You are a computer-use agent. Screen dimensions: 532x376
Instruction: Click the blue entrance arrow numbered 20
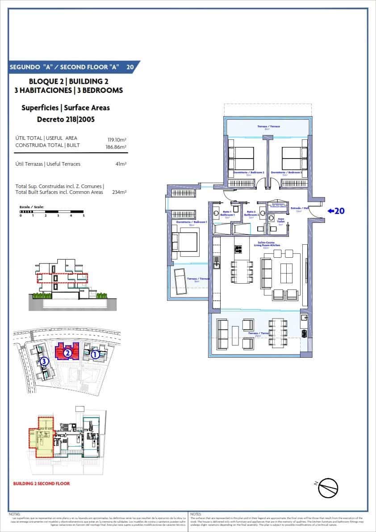click(x=336, y=211)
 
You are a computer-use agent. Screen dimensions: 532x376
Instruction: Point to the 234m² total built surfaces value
click(x=119, y=192)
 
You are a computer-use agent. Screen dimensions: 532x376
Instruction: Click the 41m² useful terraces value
click(x=121, y=164)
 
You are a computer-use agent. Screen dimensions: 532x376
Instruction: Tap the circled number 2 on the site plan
click(x=67, y=352)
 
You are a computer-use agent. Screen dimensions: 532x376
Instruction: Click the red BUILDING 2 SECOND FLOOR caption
click(x=42, y=483)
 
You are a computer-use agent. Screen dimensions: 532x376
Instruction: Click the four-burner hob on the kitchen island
click(x=238, y=249)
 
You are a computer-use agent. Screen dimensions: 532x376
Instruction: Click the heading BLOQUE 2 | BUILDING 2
click(x=68, y=81)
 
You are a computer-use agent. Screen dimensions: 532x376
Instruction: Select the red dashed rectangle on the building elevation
click(x=62, y=279)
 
